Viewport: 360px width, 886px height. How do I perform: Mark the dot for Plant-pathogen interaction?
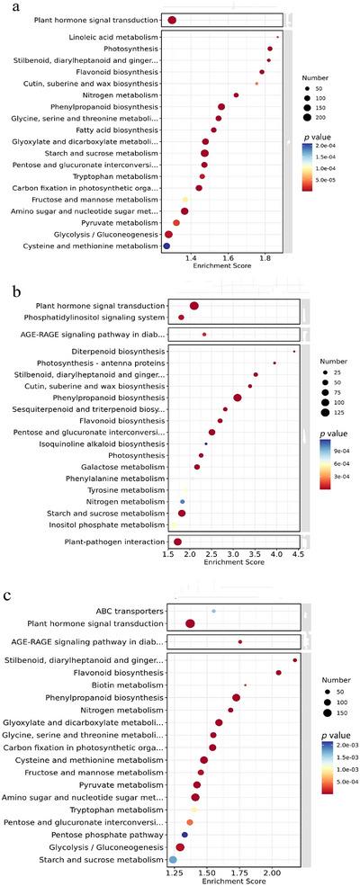(177, 541)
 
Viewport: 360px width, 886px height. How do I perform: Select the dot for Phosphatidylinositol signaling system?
(181, 317)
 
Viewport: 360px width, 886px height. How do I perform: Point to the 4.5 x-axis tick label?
(298, 555)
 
